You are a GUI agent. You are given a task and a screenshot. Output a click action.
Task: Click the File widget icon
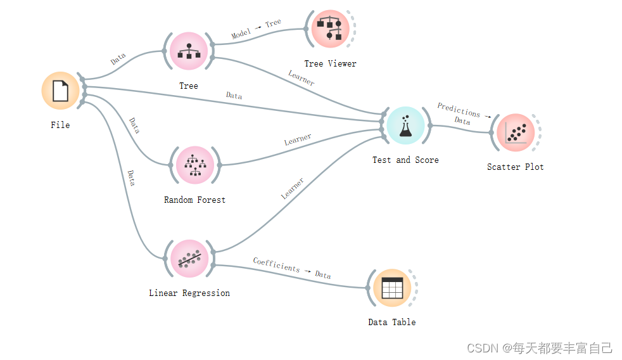click(x=60, y=91)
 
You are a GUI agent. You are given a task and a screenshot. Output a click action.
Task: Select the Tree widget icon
click(x=189, y=51)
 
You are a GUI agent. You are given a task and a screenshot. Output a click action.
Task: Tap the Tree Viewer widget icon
click(x=330, y=29)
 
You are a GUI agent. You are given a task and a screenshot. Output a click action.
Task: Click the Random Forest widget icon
click(x=195, y=165)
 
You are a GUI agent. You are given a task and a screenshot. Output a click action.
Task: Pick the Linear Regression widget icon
click(x=189, y=259)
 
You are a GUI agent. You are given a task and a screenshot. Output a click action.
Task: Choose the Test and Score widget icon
click(x=405, y=125)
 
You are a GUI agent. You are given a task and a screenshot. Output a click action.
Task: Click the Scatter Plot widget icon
click(x=515, y=133)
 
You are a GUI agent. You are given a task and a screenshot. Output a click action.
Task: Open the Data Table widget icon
click(x=392, y=288)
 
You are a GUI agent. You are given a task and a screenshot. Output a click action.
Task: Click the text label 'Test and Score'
click(x=405, y=160)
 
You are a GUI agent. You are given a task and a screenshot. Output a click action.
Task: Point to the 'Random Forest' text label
click(x=194, y=200)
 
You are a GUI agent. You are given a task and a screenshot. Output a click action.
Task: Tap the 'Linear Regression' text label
click(x=189, y=293)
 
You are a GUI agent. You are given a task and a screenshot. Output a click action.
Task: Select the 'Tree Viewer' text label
click(x=330, y=64)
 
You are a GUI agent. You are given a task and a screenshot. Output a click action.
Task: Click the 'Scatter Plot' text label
click(x=515, y=167)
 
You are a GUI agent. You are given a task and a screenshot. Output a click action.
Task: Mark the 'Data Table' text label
click(x=392, y=323)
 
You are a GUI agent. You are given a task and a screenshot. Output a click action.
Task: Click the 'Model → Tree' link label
click(x=256, y=29)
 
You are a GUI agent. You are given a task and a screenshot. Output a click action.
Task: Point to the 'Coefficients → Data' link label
click(x=292, y=268)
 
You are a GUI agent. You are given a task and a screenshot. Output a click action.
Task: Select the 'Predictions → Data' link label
click(x=461, y=114)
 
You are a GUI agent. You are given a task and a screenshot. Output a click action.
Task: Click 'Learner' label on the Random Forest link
click(x=298, y=140)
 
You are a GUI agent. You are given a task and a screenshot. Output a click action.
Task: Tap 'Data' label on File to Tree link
click(x=118, y=60)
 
